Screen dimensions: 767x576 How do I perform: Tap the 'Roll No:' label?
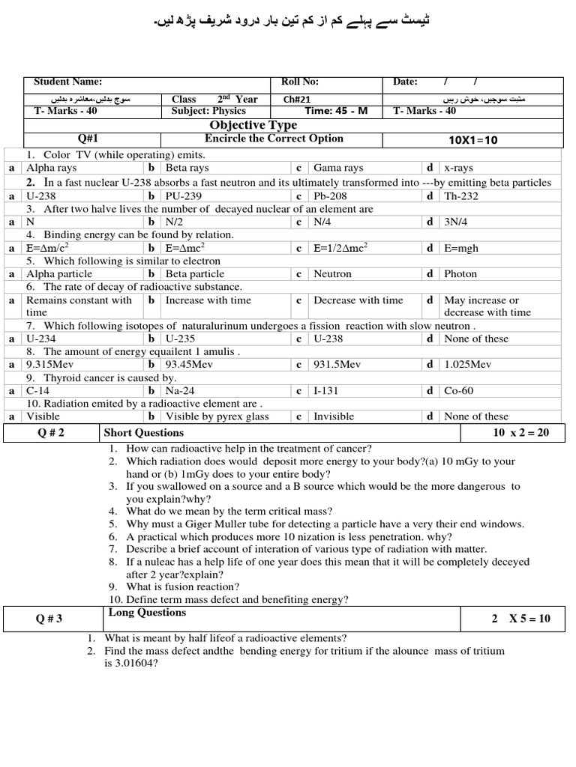[x=299, y=82]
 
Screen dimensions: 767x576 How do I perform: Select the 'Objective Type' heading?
[x=253, y=125]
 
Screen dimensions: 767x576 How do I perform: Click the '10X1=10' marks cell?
[x=472, y=140]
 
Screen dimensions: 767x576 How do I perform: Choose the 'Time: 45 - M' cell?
[x=337, y=111]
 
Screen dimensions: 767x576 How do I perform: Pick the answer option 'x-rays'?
[x=458, y=169]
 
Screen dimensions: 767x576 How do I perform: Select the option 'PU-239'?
[x=184, y=196]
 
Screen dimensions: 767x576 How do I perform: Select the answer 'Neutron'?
[x=332, y=274]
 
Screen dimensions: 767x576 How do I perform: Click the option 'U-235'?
[x=181, y=339]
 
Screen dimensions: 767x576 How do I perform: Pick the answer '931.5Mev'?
[x=335, y=365]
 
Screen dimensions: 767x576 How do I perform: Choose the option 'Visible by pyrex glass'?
[x=217, y=416]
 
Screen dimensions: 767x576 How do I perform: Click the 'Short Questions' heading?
[x=143, y=433]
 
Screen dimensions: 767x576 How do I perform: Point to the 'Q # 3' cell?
[x=49, y=619]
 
